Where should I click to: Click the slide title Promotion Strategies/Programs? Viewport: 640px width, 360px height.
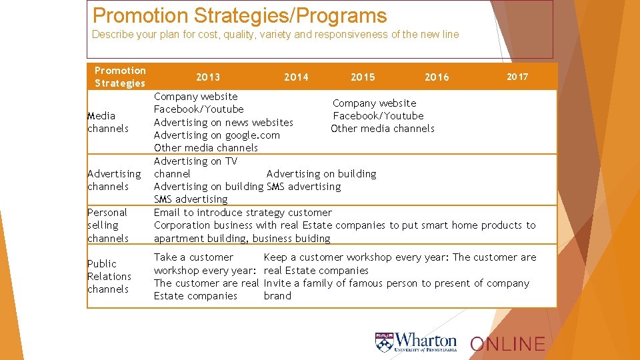click(x=239, y=15)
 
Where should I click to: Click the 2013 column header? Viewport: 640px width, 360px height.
click(x=208, y=77)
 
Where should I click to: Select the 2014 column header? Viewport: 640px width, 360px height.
click(x=296, y=77)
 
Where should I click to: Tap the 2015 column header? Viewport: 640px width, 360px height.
click(x=363, y=77)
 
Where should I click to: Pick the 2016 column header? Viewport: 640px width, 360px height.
click(x=437, y=77)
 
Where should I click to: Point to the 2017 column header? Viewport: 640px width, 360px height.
click(x=517, y=77)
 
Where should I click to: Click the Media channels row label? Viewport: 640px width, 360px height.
click(x=107, y=122)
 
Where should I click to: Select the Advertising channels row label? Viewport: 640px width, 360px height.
click(x=114, y=180)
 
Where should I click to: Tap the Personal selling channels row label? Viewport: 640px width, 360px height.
click(x=107, y=225)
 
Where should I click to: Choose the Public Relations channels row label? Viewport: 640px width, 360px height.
click(x=109, y=276)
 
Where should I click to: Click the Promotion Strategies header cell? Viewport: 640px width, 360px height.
click(x=120, y=77)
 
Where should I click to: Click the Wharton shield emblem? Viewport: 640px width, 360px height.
click(x=385, y=343)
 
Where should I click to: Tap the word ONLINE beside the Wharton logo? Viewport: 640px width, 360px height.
click(x=507, y=344)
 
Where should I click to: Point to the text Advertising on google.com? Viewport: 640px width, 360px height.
click(x=217, y=135)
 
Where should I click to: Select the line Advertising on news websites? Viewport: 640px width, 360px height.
click(x=223, y=122)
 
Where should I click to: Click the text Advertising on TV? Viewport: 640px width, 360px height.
click(x=195, y=161)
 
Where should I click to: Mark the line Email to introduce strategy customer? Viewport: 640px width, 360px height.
click(x=243, y=213)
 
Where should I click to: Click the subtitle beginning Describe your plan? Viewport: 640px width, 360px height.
click(x=275, y=34)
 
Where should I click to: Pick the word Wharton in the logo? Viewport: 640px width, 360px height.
click(x=427, y=340)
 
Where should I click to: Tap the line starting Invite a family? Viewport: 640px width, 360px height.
click(x=396, y=283)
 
